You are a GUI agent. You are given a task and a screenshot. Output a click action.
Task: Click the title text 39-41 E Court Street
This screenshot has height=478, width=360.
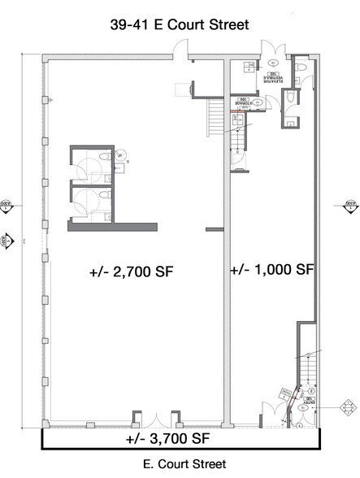tap(180, 25)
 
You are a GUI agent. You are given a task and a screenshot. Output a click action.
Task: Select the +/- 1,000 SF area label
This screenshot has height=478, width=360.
tap(272, 269)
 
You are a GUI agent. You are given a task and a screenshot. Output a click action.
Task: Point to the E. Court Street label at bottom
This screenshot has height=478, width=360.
tap(179, 467)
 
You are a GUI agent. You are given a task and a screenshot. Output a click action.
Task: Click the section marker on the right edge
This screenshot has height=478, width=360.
tap(351, 206)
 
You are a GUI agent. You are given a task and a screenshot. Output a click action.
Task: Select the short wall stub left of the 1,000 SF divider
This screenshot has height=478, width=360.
tap(214, 228)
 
